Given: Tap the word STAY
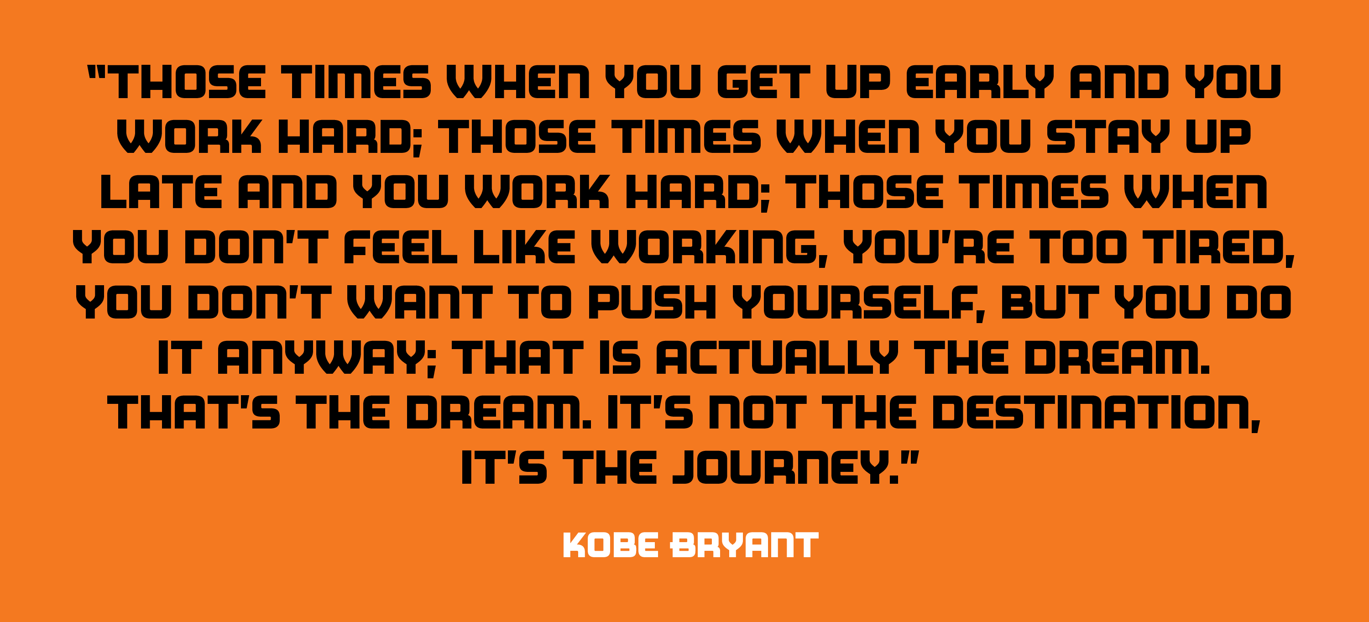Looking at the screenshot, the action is [1108, 136].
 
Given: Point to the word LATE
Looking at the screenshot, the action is [161, 192].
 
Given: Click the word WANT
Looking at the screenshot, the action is [420, 302].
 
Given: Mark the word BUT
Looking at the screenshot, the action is [1050, 302].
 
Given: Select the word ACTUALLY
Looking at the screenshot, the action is [777, 357].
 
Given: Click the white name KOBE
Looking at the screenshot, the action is [611, 545].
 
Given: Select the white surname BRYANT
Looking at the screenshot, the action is [744, 545].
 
